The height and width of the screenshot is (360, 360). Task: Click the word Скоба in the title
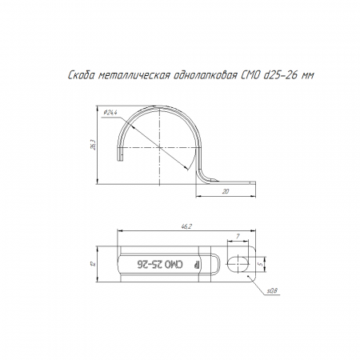click(x=82, y=75)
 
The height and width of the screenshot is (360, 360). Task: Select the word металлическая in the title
click(x=134, y=76)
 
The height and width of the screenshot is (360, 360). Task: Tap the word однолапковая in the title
click(x=206, y=76)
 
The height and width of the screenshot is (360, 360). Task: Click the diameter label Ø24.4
click(x=110, y=113)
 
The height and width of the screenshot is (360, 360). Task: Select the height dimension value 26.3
click(x=93, y=145)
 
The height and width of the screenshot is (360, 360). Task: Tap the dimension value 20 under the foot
click(x=226, y=191)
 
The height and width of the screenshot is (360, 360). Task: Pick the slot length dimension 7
click(x=238, y=236)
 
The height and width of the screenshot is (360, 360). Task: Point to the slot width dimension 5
click(x=262, y=264)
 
